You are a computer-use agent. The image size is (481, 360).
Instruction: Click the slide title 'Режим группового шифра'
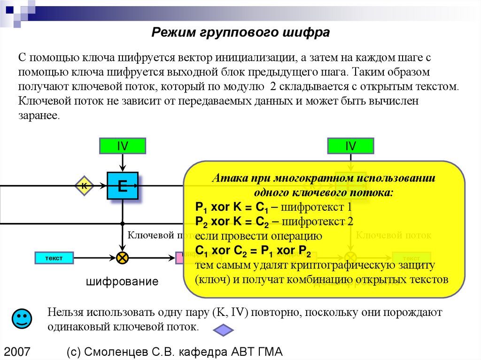coord(241,33)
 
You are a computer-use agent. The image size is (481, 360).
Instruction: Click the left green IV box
coord(122,146)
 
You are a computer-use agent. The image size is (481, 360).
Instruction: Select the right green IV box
coord(351,146)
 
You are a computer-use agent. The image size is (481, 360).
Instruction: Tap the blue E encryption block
coord(123,186)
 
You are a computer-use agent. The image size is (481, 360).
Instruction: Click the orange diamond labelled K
coord(85,186)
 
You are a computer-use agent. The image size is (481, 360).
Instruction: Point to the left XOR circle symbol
coord(122,257)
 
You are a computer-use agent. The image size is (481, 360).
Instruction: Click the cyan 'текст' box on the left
coord(55,258)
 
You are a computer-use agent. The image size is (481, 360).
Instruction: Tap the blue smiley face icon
coord(21,319)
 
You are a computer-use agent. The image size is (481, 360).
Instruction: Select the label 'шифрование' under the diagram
coord(122,282)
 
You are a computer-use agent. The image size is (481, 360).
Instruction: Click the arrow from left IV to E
coord(122,162)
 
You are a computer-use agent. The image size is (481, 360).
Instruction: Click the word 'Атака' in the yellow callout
coord(227,179)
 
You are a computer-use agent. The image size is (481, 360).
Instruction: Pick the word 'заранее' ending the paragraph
coord(39,115)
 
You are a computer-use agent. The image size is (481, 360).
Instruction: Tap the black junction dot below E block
coord(122,223)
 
